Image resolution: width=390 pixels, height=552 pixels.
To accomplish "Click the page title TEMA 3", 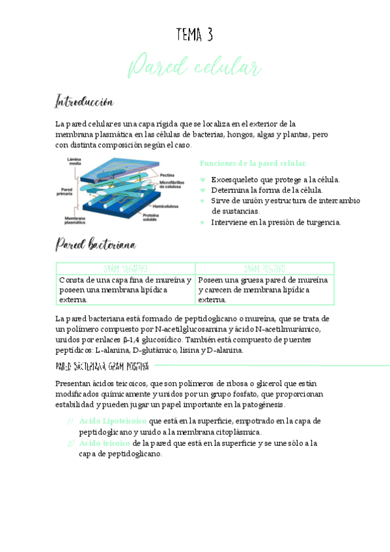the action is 195,35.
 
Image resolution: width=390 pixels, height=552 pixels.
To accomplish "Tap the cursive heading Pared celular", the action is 195,68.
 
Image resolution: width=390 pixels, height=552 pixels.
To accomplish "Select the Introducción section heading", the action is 85,102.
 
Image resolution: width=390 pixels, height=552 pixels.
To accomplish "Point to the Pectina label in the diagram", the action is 167,174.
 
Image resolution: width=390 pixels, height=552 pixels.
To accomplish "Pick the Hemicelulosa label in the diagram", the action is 166,206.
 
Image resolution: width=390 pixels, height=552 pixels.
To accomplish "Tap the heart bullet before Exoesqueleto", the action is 203,180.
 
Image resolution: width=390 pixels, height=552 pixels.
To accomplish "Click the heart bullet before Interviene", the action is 203,223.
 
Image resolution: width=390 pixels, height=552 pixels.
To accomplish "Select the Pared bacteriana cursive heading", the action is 95,245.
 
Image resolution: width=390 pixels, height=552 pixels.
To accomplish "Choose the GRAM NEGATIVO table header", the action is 126,268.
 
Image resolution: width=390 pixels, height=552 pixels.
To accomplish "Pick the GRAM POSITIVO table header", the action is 265,268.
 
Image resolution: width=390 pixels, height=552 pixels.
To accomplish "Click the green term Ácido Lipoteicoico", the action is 113,421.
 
